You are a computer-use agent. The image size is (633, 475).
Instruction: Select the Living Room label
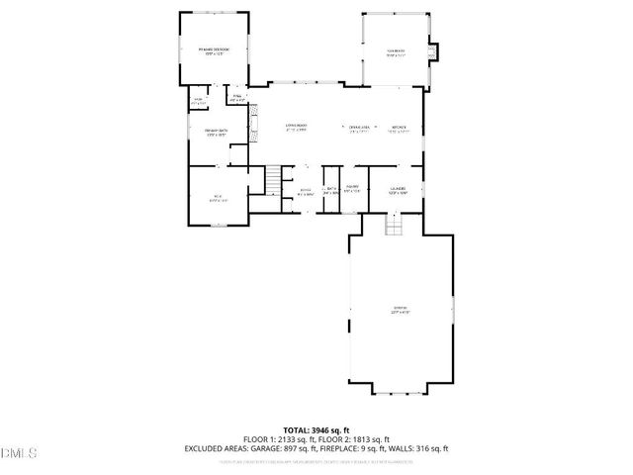click(x=295, y=128)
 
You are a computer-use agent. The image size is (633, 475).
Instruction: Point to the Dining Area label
click(x=358, y=128)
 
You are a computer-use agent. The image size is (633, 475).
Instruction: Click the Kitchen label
click(x=399, y=128)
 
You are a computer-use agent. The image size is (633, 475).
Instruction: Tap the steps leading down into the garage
click(x=394, y=226)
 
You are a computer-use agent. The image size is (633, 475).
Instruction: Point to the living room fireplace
click(x=252, y=125)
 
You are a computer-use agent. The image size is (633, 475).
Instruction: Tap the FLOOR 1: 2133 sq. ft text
click(x=279, y=438)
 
